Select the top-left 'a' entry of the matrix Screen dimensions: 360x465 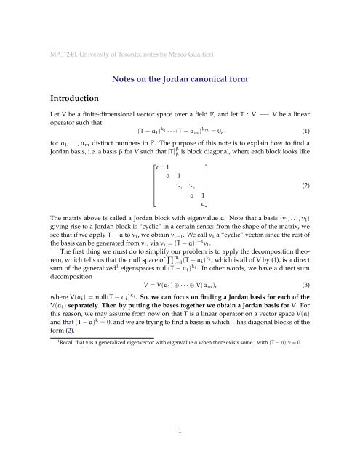pyautogui.click(x=156, y=166)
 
